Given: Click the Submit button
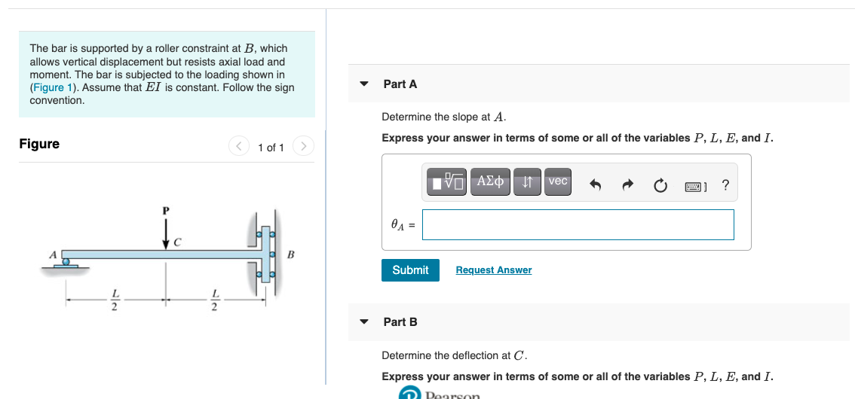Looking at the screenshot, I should click(410, 270).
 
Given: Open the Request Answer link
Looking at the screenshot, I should click(493, 270).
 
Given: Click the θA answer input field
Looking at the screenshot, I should click(578, 224).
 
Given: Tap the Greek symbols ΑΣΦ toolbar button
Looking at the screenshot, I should click(491, 181).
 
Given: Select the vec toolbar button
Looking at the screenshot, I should click(558, 181).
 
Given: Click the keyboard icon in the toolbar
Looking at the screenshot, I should click(695, 185).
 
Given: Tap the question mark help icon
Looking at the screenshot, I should click(725, 185).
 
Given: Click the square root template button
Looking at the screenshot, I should click(448, 181).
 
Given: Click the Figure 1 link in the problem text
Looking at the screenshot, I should click(55, 87).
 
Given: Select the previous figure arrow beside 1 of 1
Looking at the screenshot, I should click(239, 145).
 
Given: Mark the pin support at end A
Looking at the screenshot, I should click(69, 262).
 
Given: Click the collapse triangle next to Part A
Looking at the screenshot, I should click(364, 84).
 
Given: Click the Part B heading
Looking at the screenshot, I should click(400, 322).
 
